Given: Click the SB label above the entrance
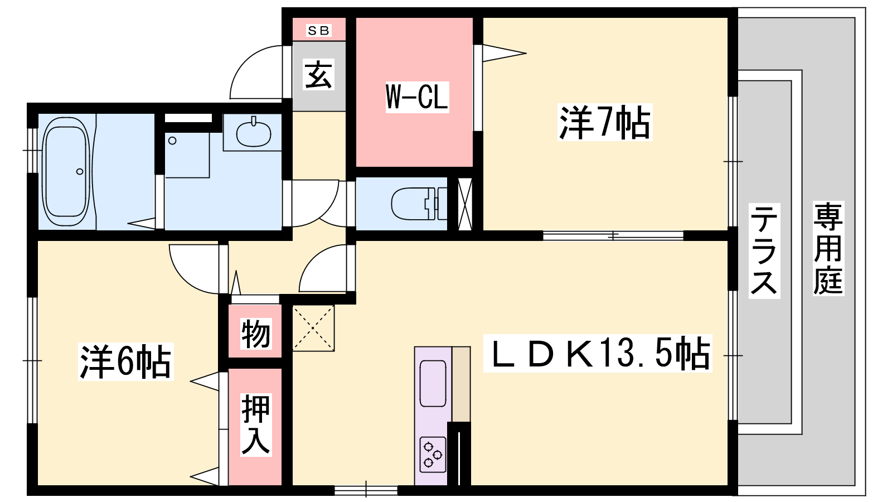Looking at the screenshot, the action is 318,30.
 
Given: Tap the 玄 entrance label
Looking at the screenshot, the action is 318,75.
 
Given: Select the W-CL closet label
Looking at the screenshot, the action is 417,97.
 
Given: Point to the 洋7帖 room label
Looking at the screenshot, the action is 604,122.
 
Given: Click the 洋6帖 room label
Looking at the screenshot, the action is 125,361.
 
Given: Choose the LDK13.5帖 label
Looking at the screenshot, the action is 597,354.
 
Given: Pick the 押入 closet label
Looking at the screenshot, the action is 256,424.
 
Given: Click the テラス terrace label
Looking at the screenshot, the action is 764,250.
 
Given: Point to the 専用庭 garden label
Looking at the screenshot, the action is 828,248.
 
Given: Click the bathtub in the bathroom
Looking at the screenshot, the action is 66,172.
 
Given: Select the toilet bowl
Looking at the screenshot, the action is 418,204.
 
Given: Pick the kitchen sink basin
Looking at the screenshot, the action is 433,383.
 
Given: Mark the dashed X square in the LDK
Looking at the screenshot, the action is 313,328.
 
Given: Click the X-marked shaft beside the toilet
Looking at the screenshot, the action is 465,204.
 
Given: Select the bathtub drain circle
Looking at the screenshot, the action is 80,172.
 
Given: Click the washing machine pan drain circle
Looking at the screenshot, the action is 172,141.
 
